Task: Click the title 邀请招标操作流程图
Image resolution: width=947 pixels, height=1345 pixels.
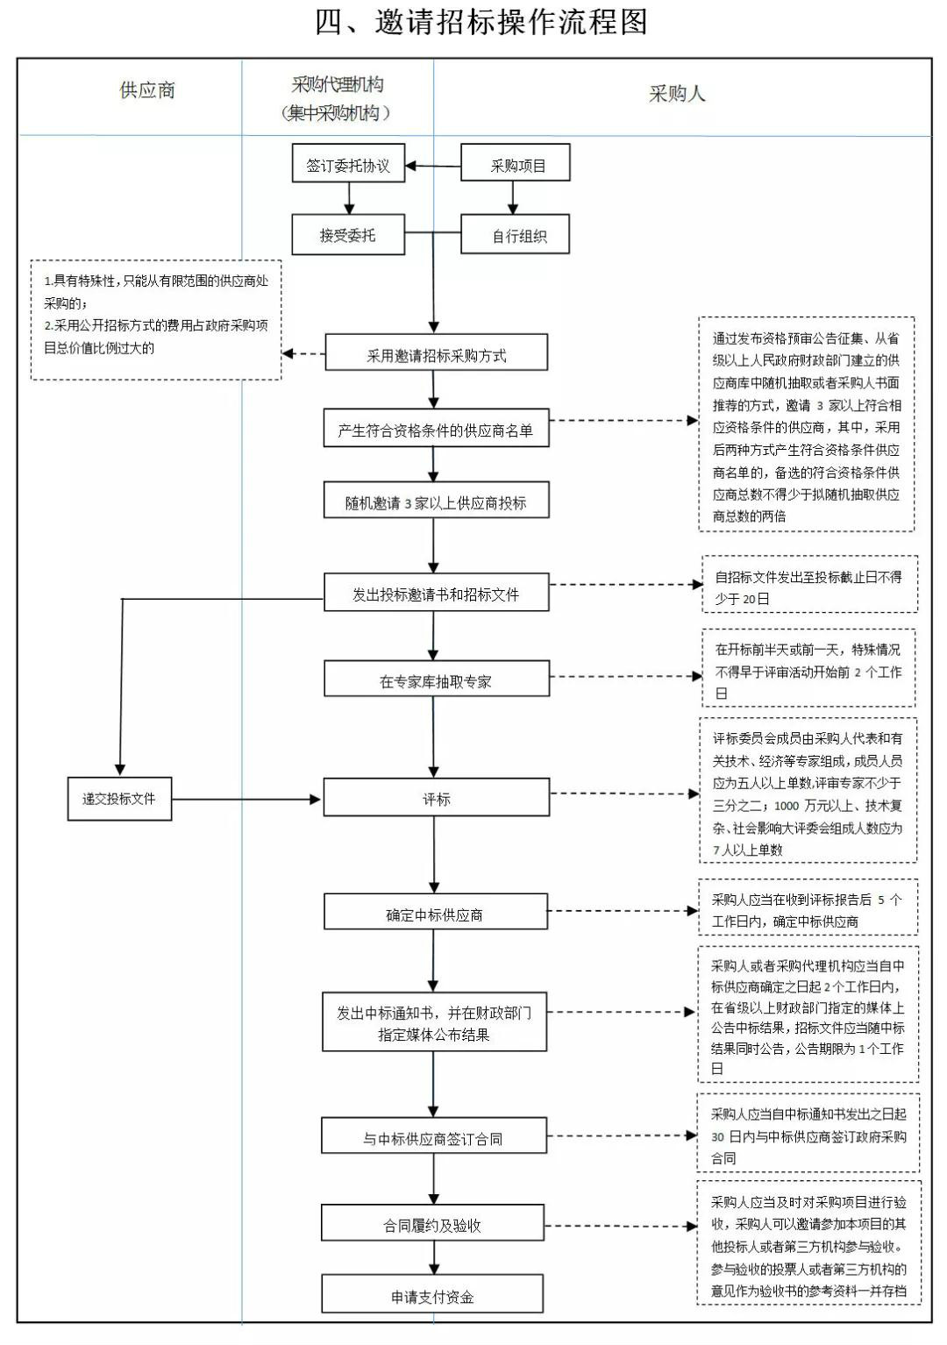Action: [481, 22]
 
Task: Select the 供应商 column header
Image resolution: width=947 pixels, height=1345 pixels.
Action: [147, 90]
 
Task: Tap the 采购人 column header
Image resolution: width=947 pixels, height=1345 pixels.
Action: [677, 94]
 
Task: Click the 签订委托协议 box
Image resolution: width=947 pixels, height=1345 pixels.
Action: [348, 163]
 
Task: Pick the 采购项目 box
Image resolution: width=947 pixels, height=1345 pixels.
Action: [516, 162]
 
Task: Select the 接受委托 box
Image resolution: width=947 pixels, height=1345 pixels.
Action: [348, 234]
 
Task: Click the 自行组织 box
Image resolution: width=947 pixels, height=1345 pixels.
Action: [516, 234]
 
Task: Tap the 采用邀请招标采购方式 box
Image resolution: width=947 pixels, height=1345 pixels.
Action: [437, 352]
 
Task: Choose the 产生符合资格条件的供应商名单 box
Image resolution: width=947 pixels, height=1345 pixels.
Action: [437, 428]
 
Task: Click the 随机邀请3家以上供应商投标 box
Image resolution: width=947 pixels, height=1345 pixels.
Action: [437, 500]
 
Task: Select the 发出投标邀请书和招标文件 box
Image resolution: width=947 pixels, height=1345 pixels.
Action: [437, 592]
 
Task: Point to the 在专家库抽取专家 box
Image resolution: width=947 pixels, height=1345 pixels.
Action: [437, 679]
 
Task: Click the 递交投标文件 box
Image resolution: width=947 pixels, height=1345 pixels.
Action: [119, 799]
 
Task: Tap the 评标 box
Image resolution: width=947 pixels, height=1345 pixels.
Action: [437, 797]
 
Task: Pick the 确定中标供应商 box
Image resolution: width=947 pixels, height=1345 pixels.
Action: [436, 912]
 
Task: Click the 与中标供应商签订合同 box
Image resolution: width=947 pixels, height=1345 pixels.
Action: [434, 1135]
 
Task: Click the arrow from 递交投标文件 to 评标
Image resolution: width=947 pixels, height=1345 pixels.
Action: [246, 799]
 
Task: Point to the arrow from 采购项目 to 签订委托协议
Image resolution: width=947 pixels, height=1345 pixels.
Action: [433, 167]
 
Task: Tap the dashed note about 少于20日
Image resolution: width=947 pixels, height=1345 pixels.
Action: [810, 584]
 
